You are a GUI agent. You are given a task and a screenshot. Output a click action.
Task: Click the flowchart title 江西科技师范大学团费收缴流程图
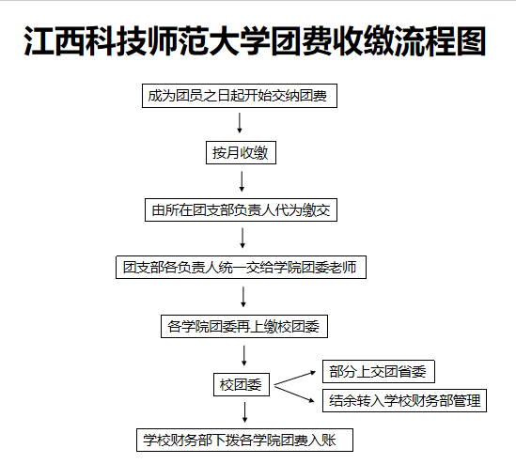pyautogui.click(x=255, y=40)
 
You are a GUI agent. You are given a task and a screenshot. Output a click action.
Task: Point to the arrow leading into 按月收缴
pyautogui.click(x=240, y=123)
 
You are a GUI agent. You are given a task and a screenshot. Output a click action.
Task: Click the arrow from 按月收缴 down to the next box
pyautogui.click(x=242, y=181)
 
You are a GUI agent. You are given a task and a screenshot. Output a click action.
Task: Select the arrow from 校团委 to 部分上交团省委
pyautogui.click(x=295, y=378)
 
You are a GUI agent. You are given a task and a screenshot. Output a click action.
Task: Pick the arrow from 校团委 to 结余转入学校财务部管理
pyautogui.click(x=294, y=394)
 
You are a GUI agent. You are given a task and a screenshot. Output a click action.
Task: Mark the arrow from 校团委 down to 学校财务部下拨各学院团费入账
pyautogui.click(x=244, y=412)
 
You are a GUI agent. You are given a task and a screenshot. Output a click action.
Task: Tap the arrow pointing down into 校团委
pyautogui.click(x=244, y=355)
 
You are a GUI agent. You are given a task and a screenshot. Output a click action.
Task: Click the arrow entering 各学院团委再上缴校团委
pyautogui.click(x=243, y=297)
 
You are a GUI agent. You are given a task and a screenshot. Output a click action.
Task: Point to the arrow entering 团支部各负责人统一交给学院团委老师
pyautogui.click(x=242, y=238)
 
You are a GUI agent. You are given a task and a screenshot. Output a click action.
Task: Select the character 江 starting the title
pyautogui.click(x=39, y=40)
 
